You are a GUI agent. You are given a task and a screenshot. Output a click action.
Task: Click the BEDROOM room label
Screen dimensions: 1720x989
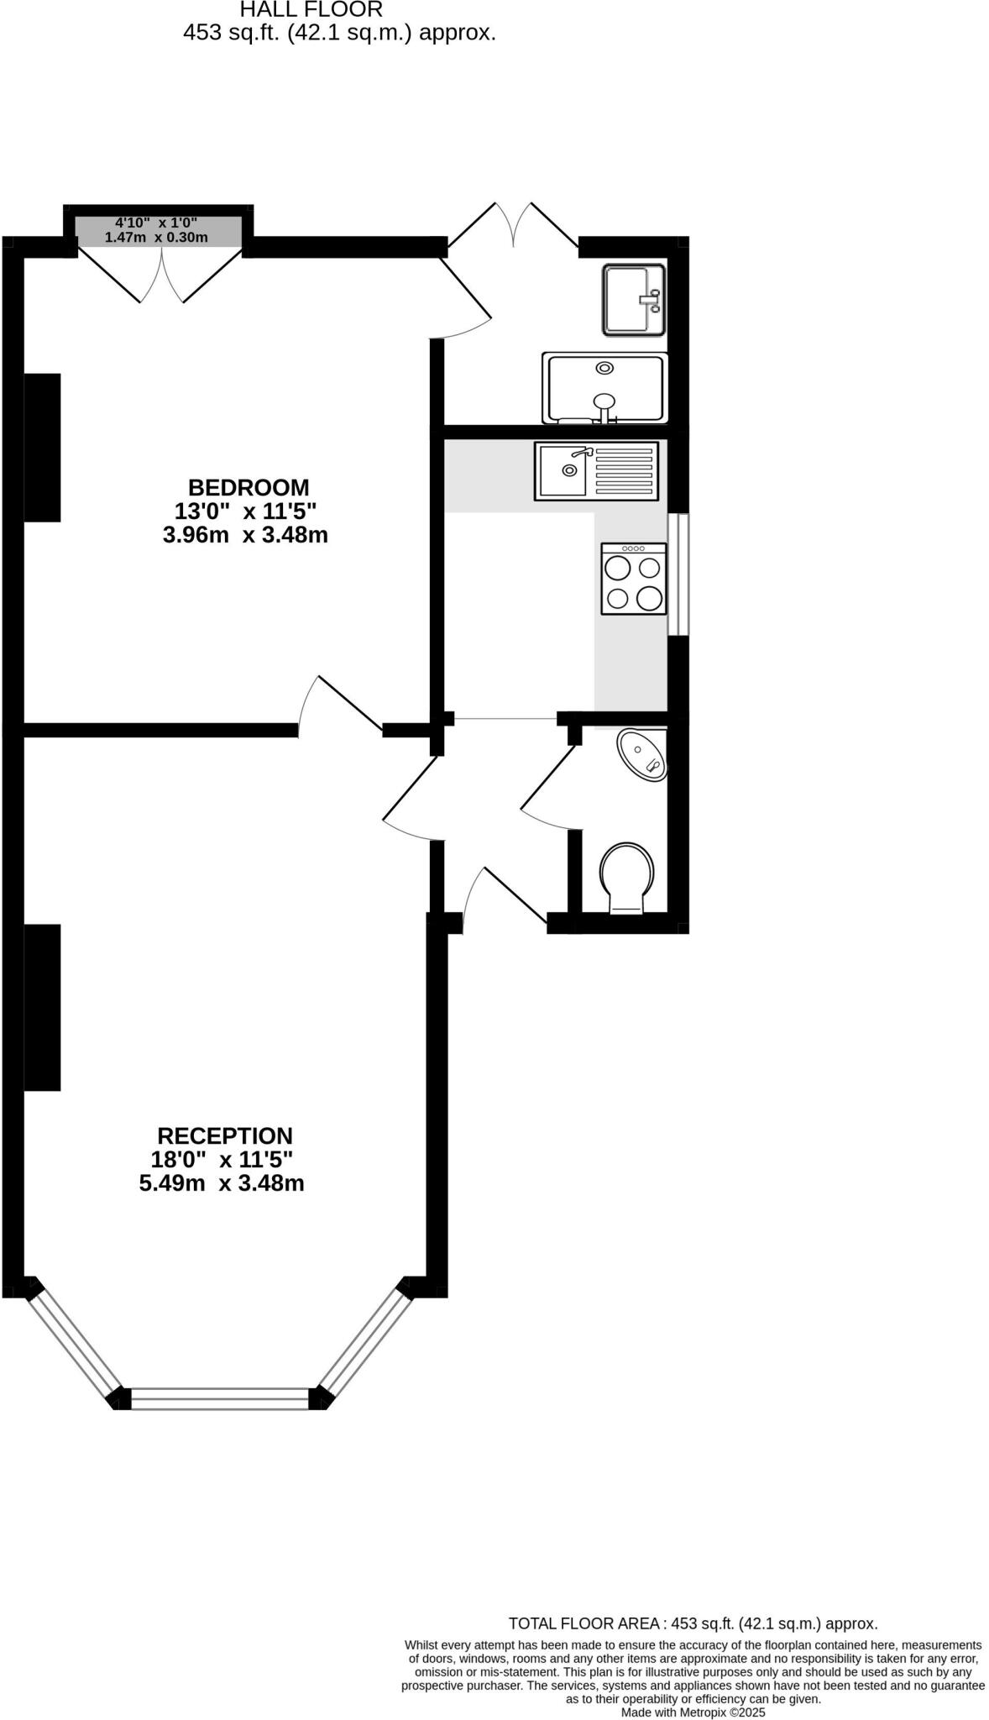coord(249,487)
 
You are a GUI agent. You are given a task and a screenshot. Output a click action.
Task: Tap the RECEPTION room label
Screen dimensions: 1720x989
coord(225,1135)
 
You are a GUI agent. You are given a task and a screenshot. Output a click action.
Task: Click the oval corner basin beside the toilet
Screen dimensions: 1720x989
coord(643,753)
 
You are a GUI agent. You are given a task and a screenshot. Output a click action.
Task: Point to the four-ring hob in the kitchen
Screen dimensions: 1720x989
coord(634,578)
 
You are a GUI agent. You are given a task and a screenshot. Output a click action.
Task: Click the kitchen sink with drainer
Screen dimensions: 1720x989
coord(596,471)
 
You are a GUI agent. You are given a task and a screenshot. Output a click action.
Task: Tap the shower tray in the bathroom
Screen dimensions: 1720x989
coord(604,388)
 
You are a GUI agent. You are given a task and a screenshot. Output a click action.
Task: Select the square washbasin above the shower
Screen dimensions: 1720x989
coord(633,299)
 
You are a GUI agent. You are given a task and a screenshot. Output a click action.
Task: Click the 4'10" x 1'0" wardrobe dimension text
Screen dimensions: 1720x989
coord(156,223)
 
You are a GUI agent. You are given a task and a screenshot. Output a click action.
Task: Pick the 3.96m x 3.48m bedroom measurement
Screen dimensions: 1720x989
coord(245,535)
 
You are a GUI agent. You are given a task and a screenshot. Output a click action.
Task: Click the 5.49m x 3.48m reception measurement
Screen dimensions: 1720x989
coord(222,1183)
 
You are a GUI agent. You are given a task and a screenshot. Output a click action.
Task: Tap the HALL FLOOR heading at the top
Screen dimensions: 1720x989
coord(311,10)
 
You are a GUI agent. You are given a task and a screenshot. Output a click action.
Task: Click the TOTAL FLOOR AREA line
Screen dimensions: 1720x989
coord(693,1623)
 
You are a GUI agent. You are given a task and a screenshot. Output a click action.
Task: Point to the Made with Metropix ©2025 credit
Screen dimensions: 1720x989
coord(693,1712)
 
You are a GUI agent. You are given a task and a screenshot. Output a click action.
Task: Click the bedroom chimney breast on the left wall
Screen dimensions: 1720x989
coord(42,448)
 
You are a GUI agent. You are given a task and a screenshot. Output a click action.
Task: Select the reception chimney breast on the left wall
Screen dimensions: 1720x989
coord(42,1007)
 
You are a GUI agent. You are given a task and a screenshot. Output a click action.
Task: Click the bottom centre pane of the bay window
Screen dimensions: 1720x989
coord(220,1398)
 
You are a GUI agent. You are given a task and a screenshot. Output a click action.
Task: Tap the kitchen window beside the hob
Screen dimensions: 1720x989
coord(678,574)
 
